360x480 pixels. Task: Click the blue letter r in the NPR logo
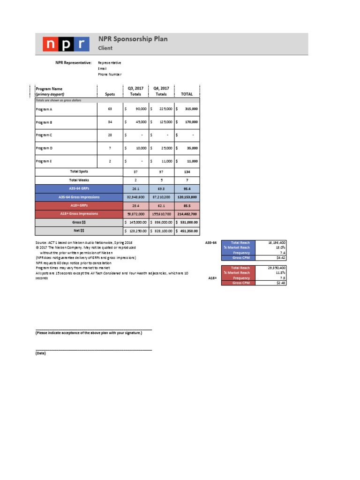coord(82,44)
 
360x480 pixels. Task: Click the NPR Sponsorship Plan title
coord(133,39)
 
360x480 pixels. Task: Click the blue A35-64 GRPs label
coord(79,188)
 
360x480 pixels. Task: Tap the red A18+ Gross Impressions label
coord(79,214)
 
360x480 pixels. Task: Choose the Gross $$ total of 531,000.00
coord(189,222)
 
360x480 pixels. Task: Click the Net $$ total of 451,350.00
coord(189,231)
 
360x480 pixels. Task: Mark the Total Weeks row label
coord(79,180)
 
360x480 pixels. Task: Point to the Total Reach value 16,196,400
coord(276,243)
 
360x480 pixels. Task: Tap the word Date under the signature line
coord(41,353)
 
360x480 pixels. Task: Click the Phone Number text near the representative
coord(109,74)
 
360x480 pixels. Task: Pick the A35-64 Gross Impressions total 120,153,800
coord(187,197)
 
